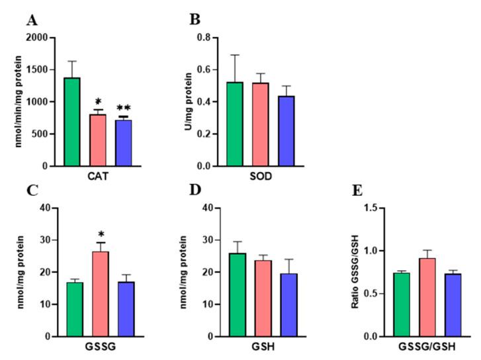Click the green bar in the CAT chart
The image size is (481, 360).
(x=71, y=122)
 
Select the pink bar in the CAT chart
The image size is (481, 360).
(x=98, y=140)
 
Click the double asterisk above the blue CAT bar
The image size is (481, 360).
(x=124, y=107)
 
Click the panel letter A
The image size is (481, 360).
(x=31, y=21)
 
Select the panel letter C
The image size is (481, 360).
(x=31, y=191)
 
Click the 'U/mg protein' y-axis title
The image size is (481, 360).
(x=188, y=103)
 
